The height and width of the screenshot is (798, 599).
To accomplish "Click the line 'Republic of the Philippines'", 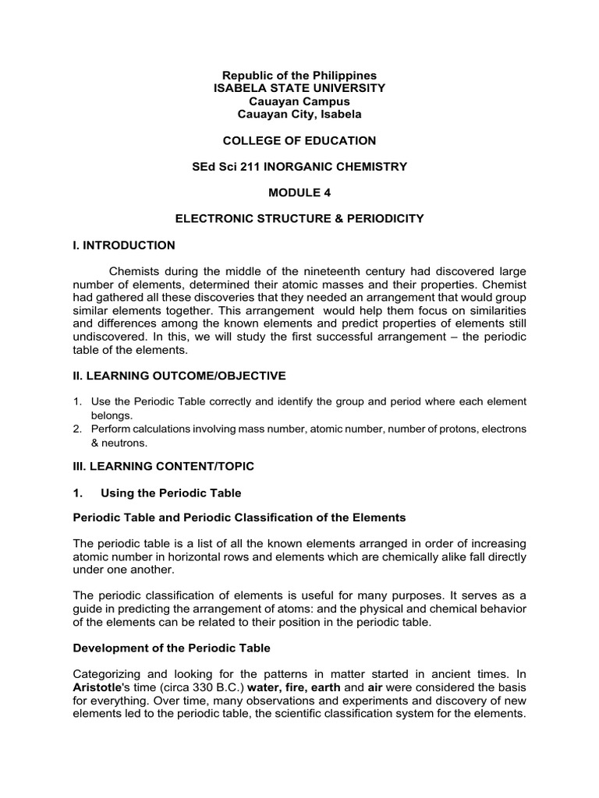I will click(299, 76).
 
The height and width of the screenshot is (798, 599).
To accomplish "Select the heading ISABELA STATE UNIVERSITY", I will click(299, 89).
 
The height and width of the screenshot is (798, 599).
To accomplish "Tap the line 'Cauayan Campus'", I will click(299, 101).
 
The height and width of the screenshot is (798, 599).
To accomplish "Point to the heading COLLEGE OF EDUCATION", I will click(299, 141).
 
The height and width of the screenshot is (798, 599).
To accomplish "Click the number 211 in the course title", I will click(267, 167).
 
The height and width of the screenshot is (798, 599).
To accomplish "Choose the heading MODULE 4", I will click(299, 192).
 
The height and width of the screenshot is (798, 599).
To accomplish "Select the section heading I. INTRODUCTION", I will click(123, 245).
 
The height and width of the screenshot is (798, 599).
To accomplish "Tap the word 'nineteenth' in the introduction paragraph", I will click(321, 272).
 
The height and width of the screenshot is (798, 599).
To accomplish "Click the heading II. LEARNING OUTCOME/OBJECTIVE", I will click(179, 376).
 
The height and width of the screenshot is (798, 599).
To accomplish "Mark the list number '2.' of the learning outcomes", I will click(77, 429).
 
